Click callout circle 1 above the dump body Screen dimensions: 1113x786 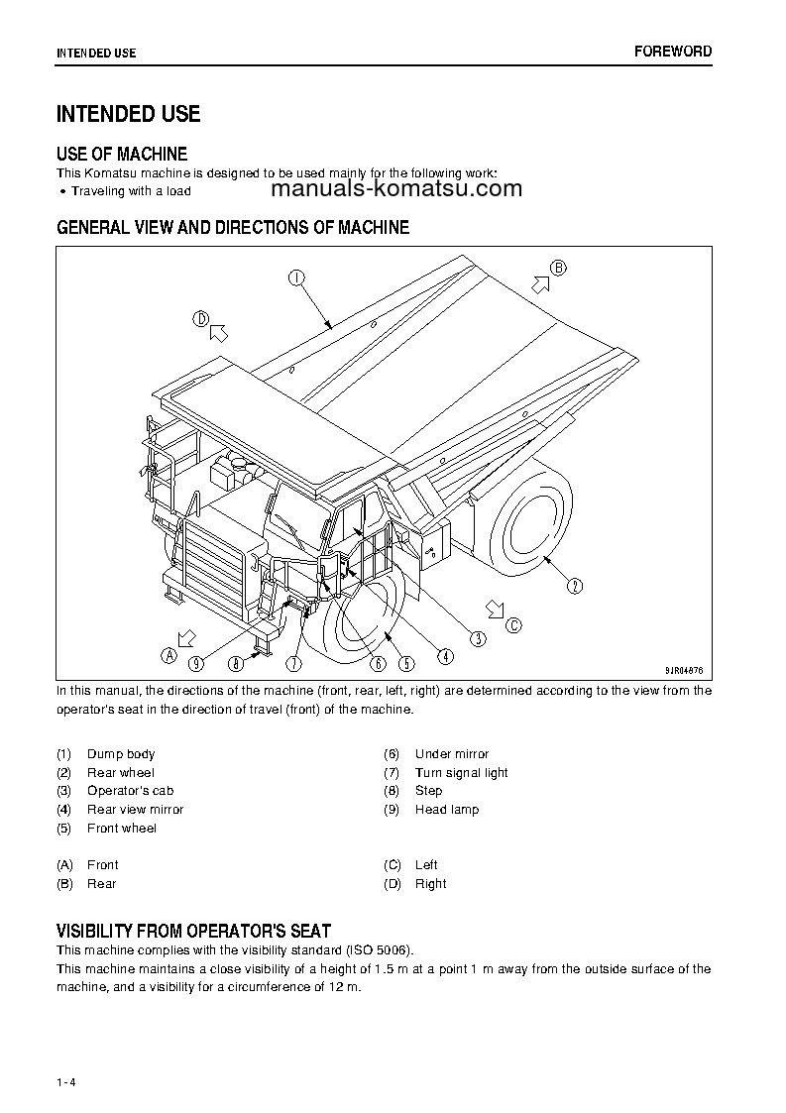point(296,278)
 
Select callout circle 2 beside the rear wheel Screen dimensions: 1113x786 point(575,586)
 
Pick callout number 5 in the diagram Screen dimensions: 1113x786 point(406,663)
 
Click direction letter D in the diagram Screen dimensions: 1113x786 point(200,319)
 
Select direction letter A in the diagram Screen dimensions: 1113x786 point(168,654)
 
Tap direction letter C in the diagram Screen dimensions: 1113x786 point(512,624)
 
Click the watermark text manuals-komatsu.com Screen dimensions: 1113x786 point(394,189)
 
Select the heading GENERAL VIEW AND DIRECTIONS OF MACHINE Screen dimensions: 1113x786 point(233,227)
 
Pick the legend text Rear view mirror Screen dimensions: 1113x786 point(135,810)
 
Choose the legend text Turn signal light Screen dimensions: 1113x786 point(461,773)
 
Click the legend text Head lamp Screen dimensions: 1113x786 point(447,810)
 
